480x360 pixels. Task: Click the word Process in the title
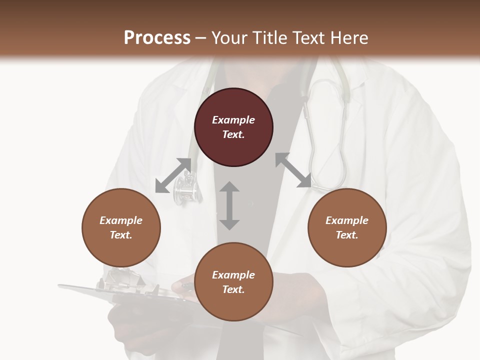157,38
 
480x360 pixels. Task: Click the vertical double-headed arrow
229,205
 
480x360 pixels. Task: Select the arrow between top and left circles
173,175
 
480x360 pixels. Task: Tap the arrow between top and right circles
293,170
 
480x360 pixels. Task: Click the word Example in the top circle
233,120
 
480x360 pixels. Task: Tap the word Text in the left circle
121,235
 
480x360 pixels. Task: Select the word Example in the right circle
347,220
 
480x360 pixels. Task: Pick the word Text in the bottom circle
233,289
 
